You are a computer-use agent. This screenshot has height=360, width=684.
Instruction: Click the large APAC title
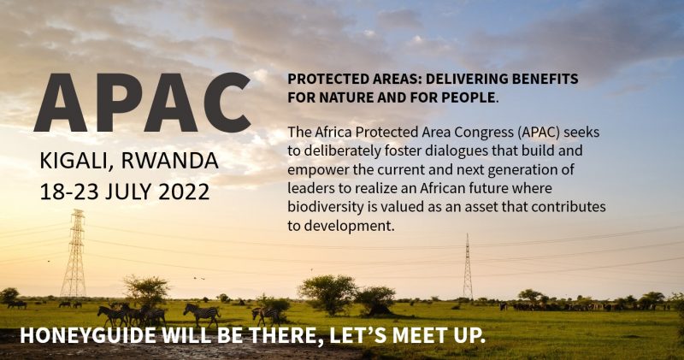click(x=143, y=103)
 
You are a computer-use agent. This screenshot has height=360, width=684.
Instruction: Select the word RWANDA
click(x=169, y=160)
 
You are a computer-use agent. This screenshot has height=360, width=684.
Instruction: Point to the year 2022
click(x=184, y=192)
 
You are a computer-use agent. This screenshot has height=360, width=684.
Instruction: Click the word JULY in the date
click(x=129, y=192)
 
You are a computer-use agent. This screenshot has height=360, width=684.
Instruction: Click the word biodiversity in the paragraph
click(x=325, y=207)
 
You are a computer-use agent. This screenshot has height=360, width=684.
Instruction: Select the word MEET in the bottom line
click(x=416, y=335)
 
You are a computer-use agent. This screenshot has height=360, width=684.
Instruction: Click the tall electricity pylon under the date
click(x=74, y=253)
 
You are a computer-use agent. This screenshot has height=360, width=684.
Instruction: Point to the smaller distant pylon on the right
click(x=468, y=267)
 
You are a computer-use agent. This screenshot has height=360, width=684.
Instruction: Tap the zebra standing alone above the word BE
click(x=202, y=314)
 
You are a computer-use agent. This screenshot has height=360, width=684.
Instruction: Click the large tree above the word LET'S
click(x=329, y=293)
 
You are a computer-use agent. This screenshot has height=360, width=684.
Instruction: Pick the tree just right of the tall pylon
click(x=146, y=291)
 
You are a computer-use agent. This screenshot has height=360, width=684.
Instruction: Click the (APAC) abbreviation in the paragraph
click(x=540, y=133)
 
